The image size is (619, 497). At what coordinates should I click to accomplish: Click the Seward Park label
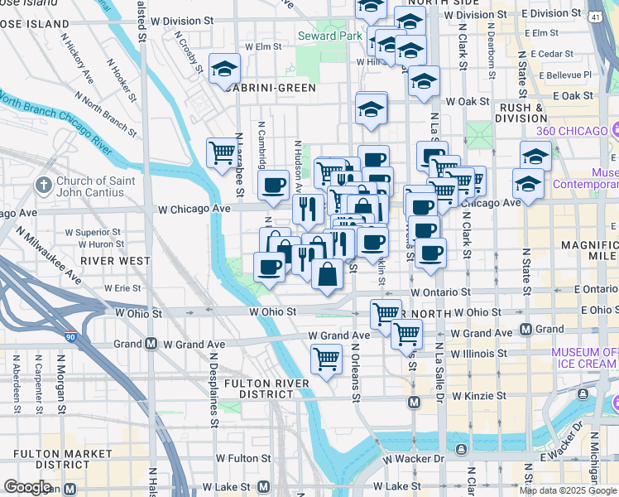point(329,36)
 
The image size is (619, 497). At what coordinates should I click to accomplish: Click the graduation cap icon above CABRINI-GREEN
point(223,70)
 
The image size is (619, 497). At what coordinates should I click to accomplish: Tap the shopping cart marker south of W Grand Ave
point(326,359)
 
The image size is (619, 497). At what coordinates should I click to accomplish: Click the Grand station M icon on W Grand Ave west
point(151,344)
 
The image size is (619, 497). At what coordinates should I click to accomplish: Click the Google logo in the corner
point(27,487)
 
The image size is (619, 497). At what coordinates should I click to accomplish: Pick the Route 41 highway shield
point(596,16)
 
